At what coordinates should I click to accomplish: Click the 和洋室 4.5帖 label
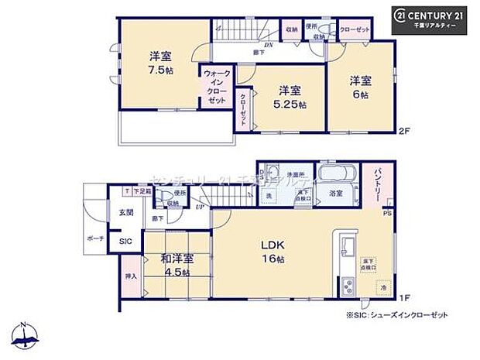177,266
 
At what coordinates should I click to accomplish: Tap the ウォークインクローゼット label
216,87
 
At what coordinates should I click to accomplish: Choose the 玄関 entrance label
126,211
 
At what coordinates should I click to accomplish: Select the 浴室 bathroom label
335,194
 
